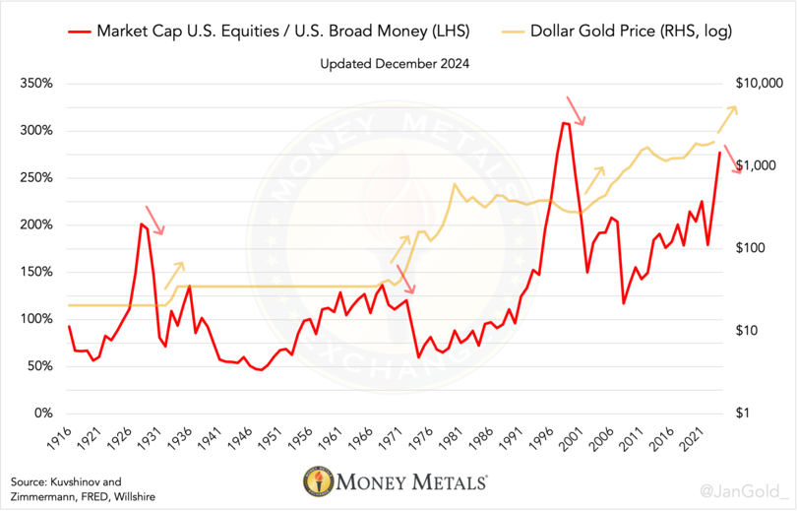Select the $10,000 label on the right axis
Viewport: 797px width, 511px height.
[753, 84]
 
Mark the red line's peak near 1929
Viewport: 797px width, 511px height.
[142, 224]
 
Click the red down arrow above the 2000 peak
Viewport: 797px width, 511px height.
[576, 111]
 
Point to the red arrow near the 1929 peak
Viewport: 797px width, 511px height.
[154, 221]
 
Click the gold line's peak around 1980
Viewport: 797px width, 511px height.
[455, 184]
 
